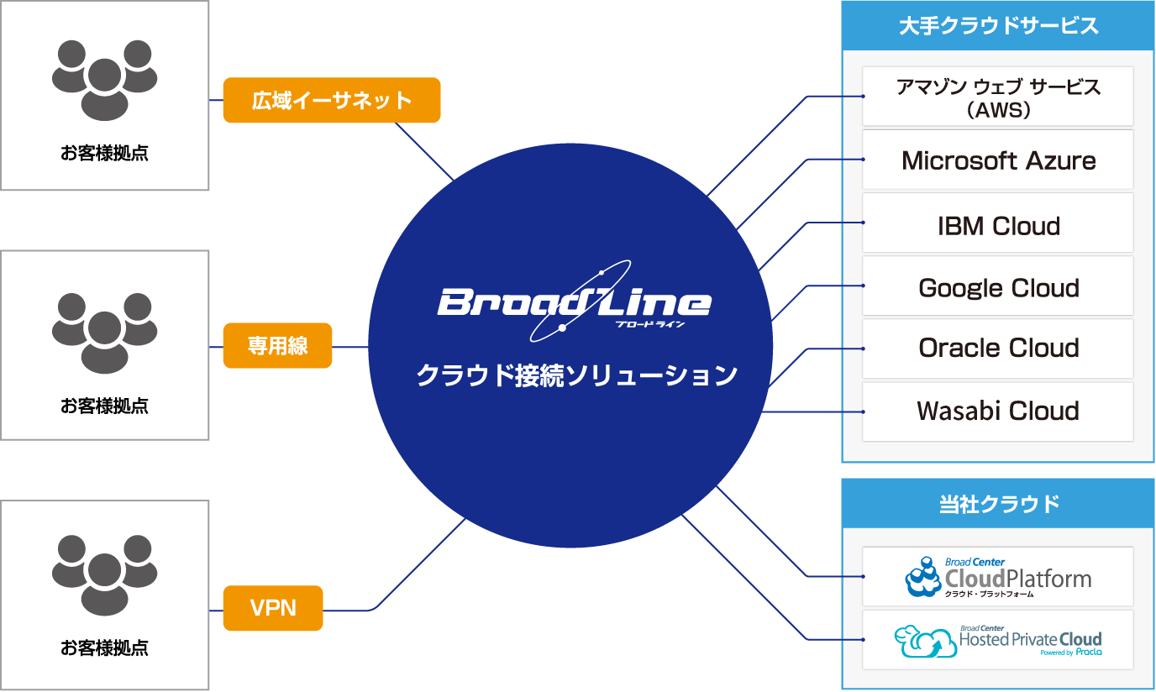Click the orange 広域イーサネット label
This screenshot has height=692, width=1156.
[332, 100]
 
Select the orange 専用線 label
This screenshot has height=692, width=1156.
[277, 346]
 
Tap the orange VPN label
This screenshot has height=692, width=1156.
[273, 608]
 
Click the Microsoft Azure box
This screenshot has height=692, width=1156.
[998, 160]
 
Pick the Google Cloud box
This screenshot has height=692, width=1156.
[998, 287]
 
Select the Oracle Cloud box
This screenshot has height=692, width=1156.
[998, 349]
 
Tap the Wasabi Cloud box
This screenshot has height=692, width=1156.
[998, 412]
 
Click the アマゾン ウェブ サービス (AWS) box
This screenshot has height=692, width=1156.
[998, 97]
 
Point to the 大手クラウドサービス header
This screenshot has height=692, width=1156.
[998, 25]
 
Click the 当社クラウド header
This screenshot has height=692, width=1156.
[998, 504]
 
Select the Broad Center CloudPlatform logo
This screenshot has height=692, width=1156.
[998, 577]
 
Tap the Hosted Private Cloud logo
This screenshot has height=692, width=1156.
[998, 641]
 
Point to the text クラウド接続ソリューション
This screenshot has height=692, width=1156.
[577, 375]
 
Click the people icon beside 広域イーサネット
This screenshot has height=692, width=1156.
[104, 80]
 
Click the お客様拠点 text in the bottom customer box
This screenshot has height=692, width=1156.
[104, 647]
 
